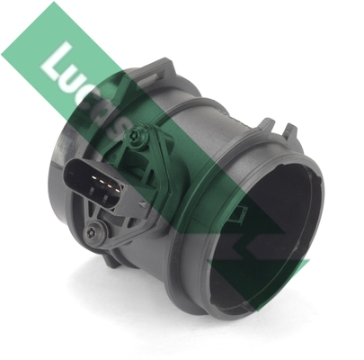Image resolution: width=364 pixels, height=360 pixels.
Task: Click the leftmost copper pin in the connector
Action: pyautogui.click(x=94, y=178)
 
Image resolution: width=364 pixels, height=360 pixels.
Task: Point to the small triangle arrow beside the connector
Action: pyautogui.click(x=142, y=204)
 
